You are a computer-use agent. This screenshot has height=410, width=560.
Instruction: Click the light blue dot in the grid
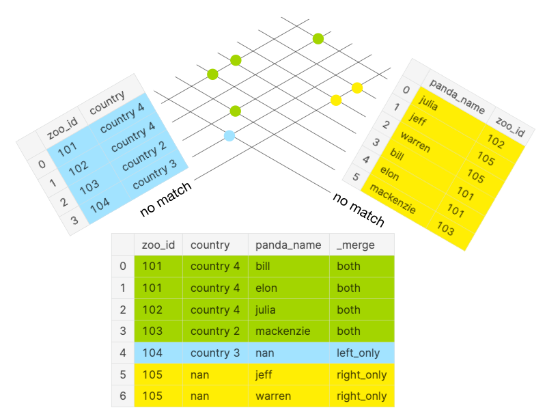(x=229, y=136)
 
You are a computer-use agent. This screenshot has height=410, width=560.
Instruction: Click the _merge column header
(x=356, y=245)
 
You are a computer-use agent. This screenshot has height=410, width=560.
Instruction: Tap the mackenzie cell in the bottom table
(x=283, y=331)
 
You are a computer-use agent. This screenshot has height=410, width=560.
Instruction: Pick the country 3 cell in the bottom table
(x=214, y=353)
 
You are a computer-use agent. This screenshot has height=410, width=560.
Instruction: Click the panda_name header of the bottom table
(x=288, y=245)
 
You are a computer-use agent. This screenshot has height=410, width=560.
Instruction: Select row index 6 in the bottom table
(x=123, y=396)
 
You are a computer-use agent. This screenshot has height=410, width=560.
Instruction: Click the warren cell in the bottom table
(x=273, y=396)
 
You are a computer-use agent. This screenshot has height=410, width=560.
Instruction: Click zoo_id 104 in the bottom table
(x=152, y=353)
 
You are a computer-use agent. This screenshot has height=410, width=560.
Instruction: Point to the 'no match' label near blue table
(x=165, y=199)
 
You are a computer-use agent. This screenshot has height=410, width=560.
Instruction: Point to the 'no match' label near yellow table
(x=359, y=208)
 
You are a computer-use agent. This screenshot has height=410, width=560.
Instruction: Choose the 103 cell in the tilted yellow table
(x=446, y=230)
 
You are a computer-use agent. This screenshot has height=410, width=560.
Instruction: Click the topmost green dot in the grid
(x=318, y=38)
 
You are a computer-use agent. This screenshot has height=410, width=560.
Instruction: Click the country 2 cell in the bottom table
(x=214, y=331)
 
